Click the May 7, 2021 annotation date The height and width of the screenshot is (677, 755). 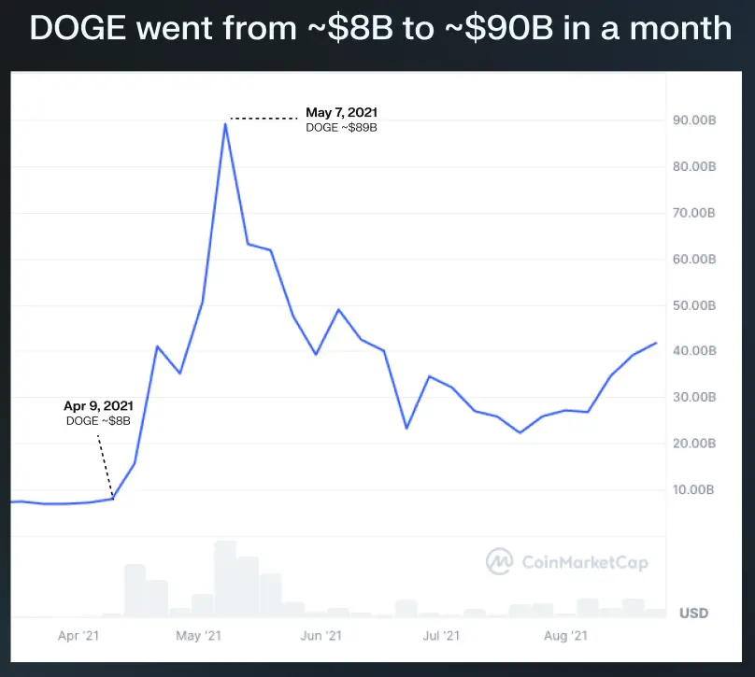pyautogui.click(x=342, y=113)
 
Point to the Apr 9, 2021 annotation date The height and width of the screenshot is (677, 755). pyautogui.click(x=98, y=406)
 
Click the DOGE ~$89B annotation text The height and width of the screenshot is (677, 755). pyautogui.click(x=341, y=128)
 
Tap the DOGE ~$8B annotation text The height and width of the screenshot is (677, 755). pyautogui.click(x=97, y=421)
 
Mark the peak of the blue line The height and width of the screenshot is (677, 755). pyautogui.click(x=225, y=123)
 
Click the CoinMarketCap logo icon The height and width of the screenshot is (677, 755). pyautogui.click(x=500, y=561)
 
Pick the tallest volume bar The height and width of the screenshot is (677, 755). pyautogui.click(x=225, y=579)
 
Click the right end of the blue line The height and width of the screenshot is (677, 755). pyautogui.click(x=656, y=343)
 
